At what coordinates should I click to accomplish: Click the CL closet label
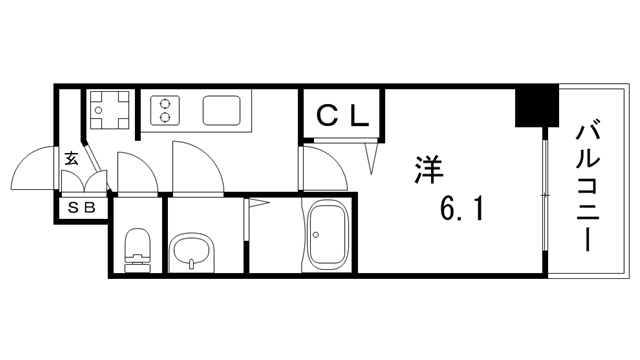coord(342,116)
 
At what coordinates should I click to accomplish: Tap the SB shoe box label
coord(81,208)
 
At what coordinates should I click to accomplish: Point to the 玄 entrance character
coord(71,158)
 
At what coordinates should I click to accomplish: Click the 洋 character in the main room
coord(429,170)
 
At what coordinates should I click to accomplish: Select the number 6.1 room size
coord(462,208)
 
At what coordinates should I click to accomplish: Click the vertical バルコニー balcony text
coord(587,184)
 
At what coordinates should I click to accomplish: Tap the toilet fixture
coord(138,250)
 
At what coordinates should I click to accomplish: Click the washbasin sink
coord(191,253)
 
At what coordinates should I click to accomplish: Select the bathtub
coord(328,236)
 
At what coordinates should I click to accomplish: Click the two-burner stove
coord(165,110)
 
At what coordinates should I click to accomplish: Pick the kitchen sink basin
coord(222,110)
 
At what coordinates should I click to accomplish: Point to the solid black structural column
coord(536,105)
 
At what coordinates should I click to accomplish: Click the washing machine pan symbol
coord(109,109)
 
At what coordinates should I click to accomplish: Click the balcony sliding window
coord(545,196)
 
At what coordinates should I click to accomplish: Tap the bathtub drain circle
coord(315,235)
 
